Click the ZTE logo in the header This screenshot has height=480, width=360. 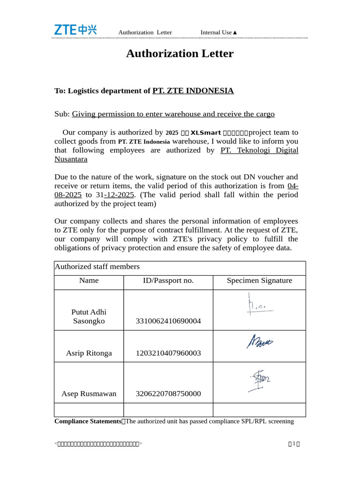pyautogui.click(x=75, y=30)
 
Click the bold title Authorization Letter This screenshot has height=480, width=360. pyautogui.click(x=180, y=53)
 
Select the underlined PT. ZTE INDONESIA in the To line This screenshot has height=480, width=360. pyautogui.click(x=193, y=90)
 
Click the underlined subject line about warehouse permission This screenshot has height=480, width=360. pyautogui.click(x=173, y=114)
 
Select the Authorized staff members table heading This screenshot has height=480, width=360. pyautogui.click(x=97, y=267)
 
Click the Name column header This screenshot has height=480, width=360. pyautogui.click(x=89, y=281)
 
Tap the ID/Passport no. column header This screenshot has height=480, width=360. pyautogui.click(x=168, y=281)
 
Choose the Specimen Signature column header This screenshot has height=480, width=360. pyautogui.click(x=259, y=281)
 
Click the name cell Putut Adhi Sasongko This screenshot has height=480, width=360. pyautogui.click(x=89, y=316)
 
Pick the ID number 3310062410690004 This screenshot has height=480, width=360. pyautogui.click(x=168, y=321)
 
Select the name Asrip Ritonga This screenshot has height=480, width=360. pyautogui.click(x=89, y=353)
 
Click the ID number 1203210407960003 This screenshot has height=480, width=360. pyautogui.click(x=168, y=353)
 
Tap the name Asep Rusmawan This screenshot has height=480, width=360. pyautogui.click(x=89, y=394)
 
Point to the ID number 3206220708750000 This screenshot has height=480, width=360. pyautogui.click(x=168, y=394)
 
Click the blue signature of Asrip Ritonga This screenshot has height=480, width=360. pyautogui.click(x=260, y=342)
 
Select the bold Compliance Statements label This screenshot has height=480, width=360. pyautogui.click(x=88, y=421)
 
